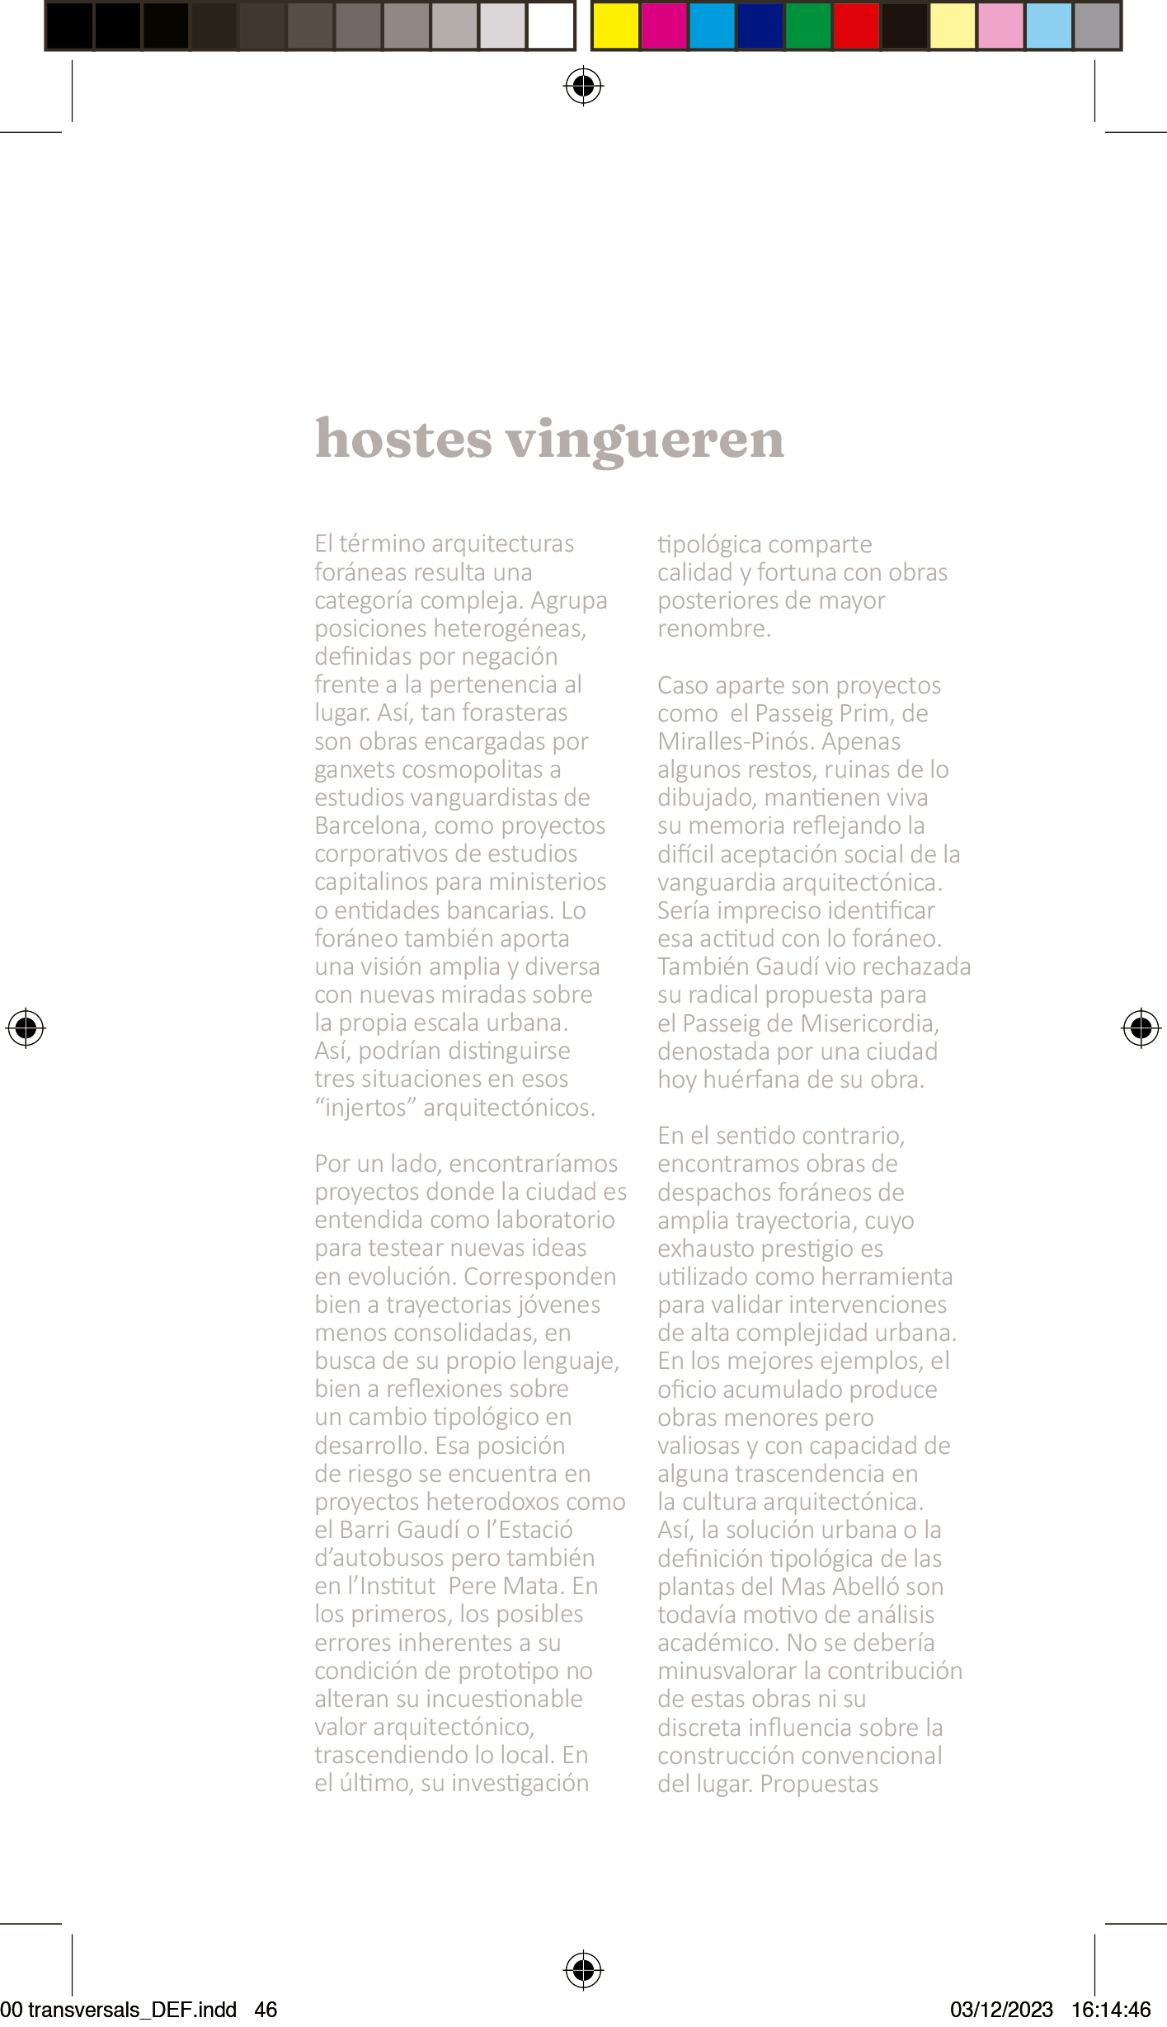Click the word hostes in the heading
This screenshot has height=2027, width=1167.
[x=403, y=439]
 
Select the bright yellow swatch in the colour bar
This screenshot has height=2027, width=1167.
[x=616, y=26]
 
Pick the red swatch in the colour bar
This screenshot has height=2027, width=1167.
[x=856, y=26]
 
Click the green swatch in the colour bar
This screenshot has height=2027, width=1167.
[x=808, y=26]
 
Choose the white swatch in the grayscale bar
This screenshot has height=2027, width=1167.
[x=550, y=26]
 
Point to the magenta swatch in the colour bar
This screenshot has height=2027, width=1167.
[x=664, y=26]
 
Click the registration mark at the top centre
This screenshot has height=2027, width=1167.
[x=583, y=86]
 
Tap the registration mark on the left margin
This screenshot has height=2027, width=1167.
[x=26, y=1028]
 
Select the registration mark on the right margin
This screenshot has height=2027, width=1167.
[x=1141, y=1028]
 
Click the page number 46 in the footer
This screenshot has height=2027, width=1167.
[x=266, y=2010]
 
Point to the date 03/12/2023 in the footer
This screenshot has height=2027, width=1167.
[x=1001, y=2010]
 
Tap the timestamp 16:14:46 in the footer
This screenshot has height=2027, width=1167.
[x=1111, y=2010]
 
